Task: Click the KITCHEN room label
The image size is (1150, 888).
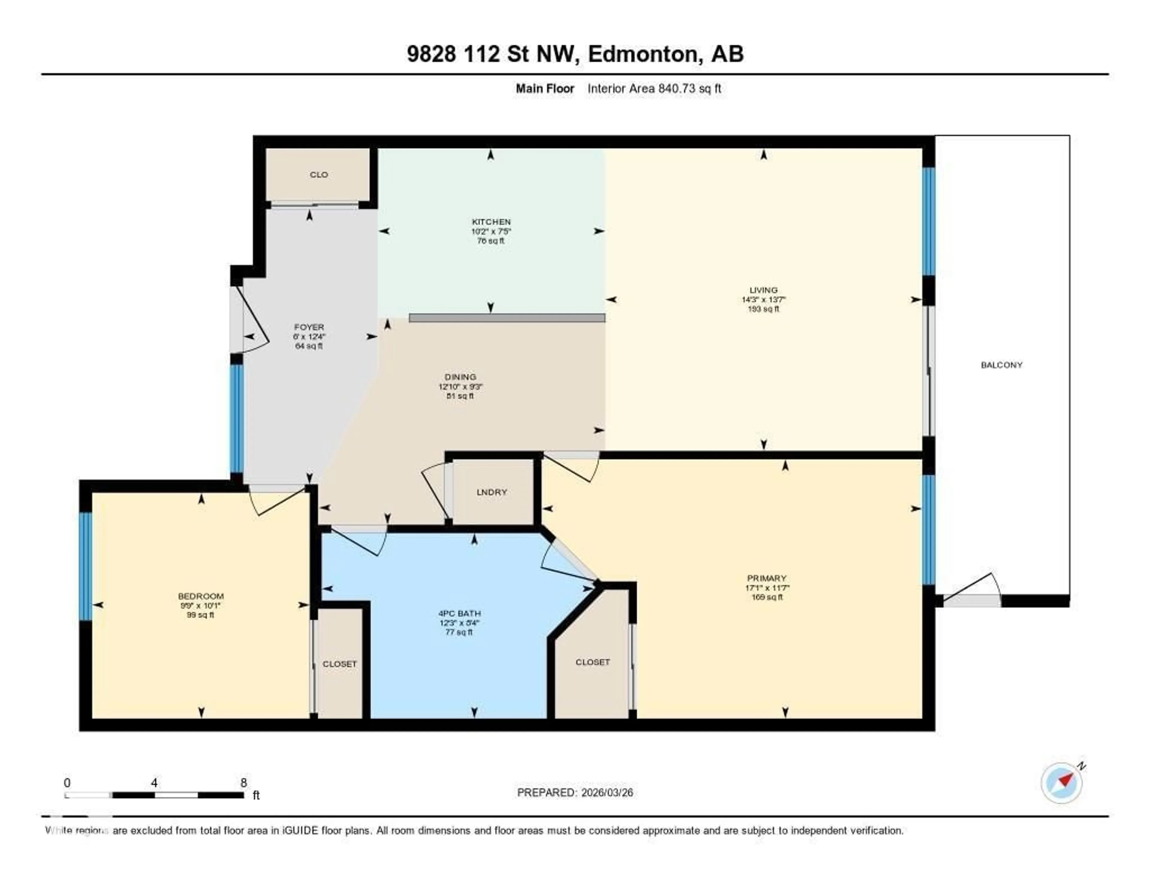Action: pyautogui.click(x=491, y=222)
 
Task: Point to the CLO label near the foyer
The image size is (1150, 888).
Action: pyautogui.click(x=319, y=174)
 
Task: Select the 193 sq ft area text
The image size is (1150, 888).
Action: pyautogui.click(x=763, y=309)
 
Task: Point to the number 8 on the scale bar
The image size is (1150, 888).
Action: pyautogui.click(x=243, y=783)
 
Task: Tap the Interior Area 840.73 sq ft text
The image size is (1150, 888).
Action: pyautogui.click(x=654, y=88)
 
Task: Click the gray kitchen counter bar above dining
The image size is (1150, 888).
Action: pyautogui.click(x=506, y=318)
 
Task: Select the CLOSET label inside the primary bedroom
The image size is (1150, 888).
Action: pyautogui.click(x=592, y=662)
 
